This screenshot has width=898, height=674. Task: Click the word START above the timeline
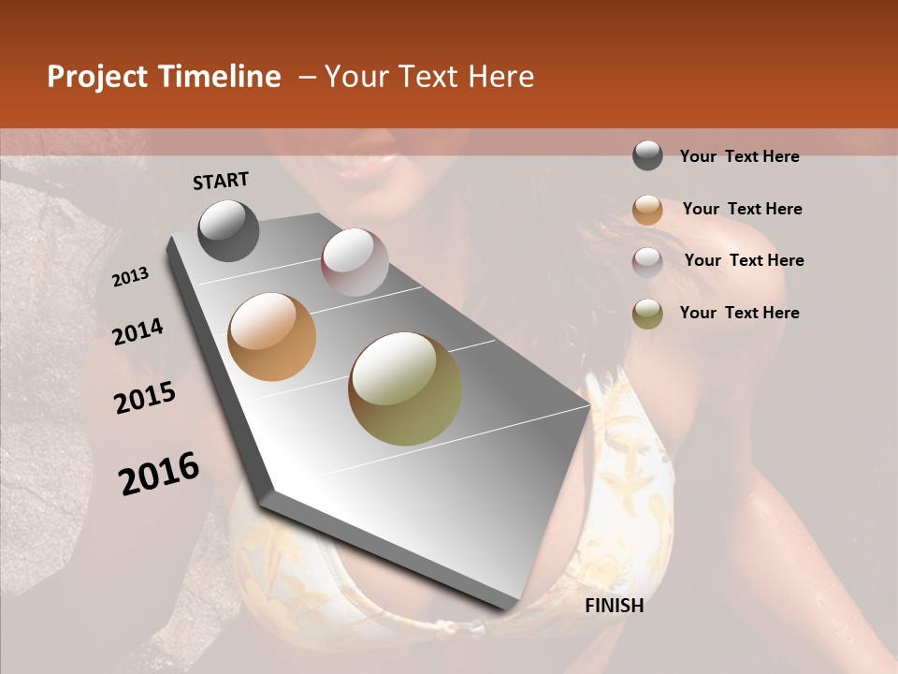click(221, 181)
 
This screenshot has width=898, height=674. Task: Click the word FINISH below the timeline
click(614, 606)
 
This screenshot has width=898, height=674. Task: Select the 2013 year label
click(131, 277)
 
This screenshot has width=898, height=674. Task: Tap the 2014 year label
click(138, 332)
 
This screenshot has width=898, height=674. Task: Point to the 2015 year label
click(145, 399)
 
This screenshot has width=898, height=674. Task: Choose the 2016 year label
click(159, 474)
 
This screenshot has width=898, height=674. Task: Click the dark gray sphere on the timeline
click(228, 230)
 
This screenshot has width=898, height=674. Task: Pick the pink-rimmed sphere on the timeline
click(355, 262)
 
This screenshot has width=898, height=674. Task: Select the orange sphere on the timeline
click(272, 337)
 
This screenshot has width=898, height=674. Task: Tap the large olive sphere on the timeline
click(405, 388)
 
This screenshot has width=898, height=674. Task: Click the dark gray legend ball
click(647, 156)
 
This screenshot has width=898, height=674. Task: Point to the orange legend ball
click(647, 209)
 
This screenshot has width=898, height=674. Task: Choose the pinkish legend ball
click(647, 261)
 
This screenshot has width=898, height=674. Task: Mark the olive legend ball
click(647, 314)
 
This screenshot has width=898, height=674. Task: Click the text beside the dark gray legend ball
click(739, 156)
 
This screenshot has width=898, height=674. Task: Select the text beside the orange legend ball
click(742, 209)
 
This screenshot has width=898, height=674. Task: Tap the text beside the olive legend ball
click(739, 313)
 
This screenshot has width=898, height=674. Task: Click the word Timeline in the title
click(221, 77)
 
